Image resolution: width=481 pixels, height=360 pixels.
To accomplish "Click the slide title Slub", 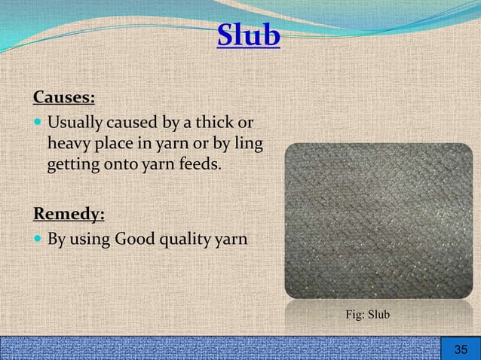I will [x=249, y=35].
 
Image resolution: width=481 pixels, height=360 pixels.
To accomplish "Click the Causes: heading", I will [x=64, y=99].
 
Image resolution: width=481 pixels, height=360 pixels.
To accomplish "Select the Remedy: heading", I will [x=69, y=214].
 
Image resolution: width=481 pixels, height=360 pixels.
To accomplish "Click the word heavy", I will [x=69, y=142].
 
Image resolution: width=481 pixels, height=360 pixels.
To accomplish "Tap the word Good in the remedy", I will [x=136, y=240].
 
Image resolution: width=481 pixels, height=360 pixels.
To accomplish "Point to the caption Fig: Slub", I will [x=367, y=313].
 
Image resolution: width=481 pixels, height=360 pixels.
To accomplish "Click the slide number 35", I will [x=461, y=349].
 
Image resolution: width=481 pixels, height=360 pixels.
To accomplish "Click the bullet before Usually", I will [x=38, y=123].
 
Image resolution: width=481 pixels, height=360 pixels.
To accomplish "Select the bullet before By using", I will [x=38, y=240].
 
